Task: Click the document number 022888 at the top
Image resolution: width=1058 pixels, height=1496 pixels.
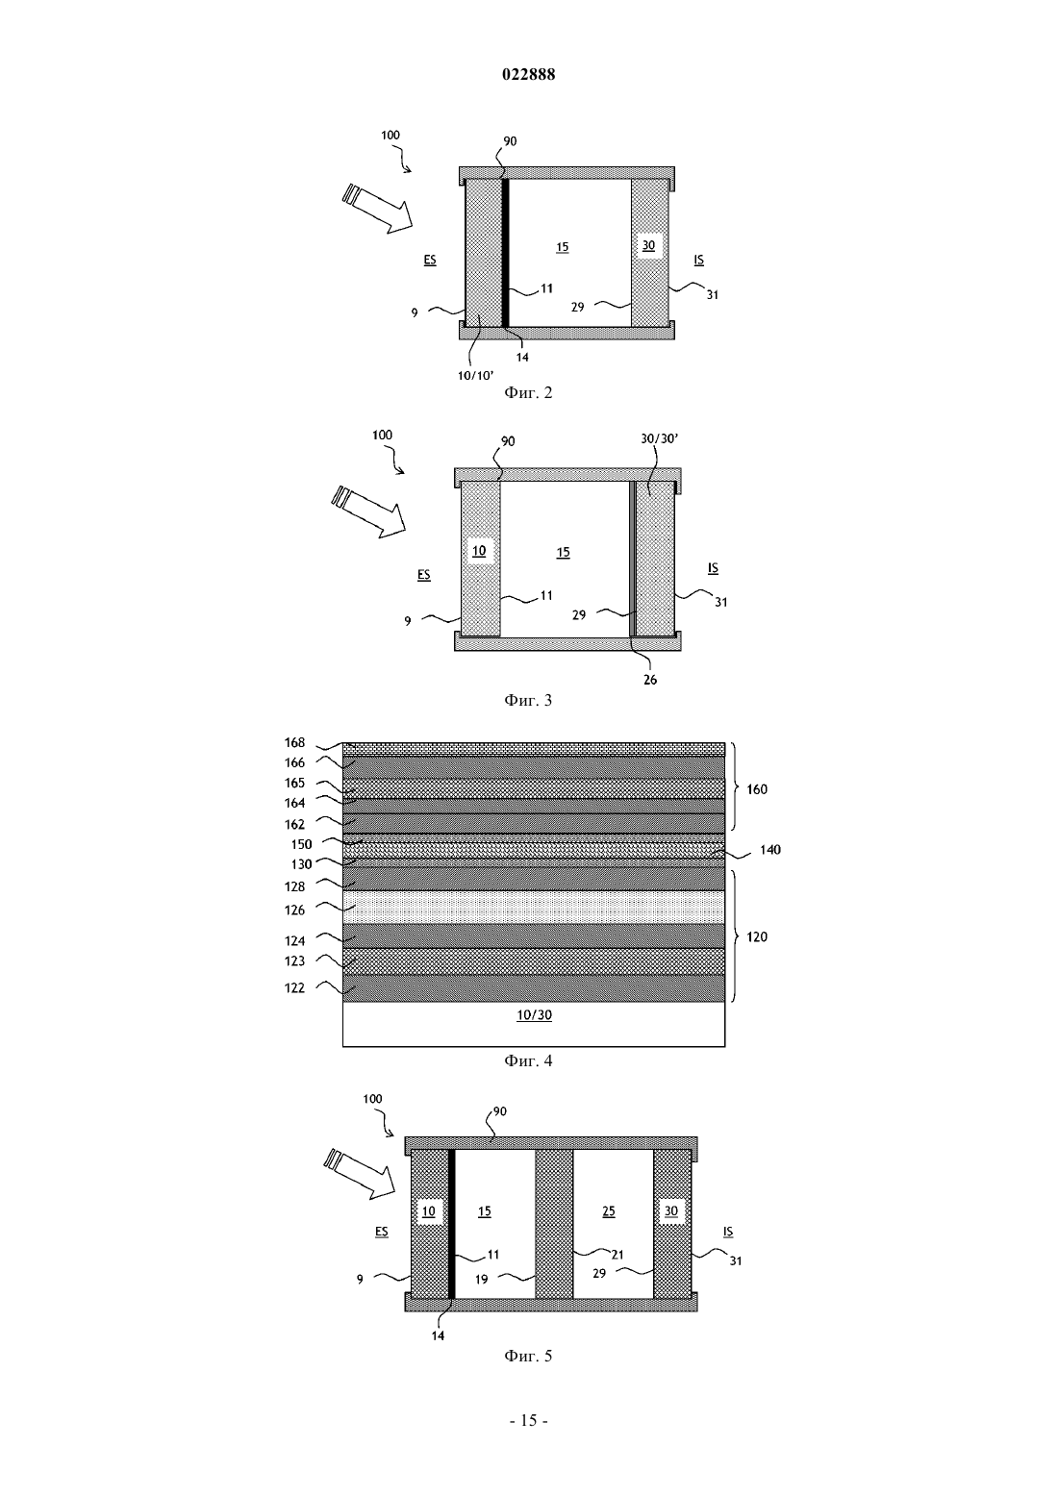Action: tap(528, 74)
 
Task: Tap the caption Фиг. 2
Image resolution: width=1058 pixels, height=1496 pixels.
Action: tap(528, 392)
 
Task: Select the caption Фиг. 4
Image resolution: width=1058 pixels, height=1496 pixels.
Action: tap(528, 1060)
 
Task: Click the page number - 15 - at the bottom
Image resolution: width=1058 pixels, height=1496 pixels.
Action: tap(528, 1420)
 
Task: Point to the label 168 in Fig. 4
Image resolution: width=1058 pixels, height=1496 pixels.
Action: tap(294, 742)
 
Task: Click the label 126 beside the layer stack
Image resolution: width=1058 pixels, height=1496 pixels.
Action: tap(294, 910)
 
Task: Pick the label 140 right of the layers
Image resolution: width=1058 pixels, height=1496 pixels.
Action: tap(770, 850)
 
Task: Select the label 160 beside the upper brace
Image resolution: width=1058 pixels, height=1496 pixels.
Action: tap(757, 789)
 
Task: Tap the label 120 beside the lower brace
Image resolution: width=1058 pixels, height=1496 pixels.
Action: tap(757, 936)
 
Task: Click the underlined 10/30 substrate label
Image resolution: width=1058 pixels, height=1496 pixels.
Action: tap(535, 1015)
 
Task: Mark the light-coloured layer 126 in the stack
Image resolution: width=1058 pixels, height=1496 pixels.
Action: tap(534, 907)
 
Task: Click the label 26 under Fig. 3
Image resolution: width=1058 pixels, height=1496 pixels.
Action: tap(650, 680)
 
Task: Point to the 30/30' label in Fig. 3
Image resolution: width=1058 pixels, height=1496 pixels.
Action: tap(659, 438)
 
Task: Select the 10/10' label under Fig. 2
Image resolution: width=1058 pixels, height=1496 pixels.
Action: tap(475, 375)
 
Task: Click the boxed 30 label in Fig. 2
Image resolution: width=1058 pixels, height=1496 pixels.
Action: tap(648, 246)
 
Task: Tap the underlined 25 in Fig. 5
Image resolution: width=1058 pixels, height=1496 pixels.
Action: tap(609, 1211)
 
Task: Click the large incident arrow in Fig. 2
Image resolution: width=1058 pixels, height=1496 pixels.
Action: tap(377, 209)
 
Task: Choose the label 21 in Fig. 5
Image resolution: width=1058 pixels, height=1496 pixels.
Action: tap(617, 1255)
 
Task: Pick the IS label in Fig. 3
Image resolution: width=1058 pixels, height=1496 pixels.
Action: tap(714, 568)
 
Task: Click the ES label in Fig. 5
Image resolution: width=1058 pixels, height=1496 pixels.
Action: tap(382, 1233)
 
